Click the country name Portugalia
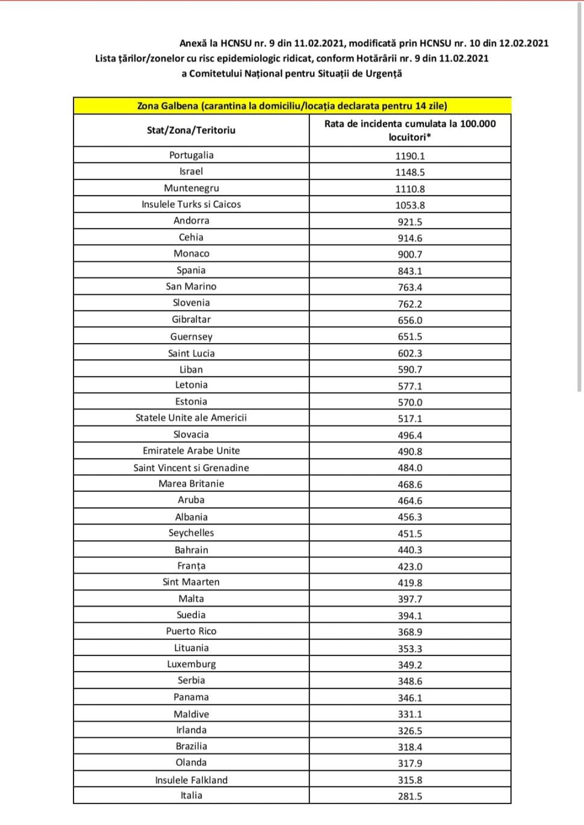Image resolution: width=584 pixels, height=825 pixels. [191, 155]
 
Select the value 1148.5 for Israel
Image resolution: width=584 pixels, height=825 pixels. [409, 172]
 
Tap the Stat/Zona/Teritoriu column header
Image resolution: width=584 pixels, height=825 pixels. [191, 130]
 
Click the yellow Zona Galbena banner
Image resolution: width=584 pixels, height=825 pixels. [292, 106]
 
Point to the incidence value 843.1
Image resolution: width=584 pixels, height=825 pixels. [409, 271]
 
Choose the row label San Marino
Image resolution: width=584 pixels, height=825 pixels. [191, 286]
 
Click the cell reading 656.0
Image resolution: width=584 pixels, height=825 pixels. [409, 320]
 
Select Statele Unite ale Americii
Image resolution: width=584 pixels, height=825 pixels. [191, 418]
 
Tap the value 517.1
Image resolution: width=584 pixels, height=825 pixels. [409, 418]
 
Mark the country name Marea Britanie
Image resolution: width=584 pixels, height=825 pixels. [191, 484]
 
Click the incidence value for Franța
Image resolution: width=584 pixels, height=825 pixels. [409, 566]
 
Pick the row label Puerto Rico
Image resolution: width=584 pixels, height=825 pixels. [191, 631]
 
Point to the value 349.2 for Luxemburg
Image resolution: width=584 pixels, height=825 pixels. [409, 665]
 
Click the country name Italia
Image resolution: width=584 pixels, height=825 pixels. [191, 796]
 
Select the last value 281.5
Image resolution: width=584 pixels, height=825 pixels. [409, 796]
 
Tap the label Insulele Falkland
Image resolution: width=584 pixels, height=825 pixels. [191, 780]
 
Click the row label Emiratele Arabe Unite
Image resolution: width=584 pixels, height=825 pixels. [191, 451]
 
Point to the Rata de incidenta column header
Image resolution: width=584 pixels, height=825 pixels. [409, 130]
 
